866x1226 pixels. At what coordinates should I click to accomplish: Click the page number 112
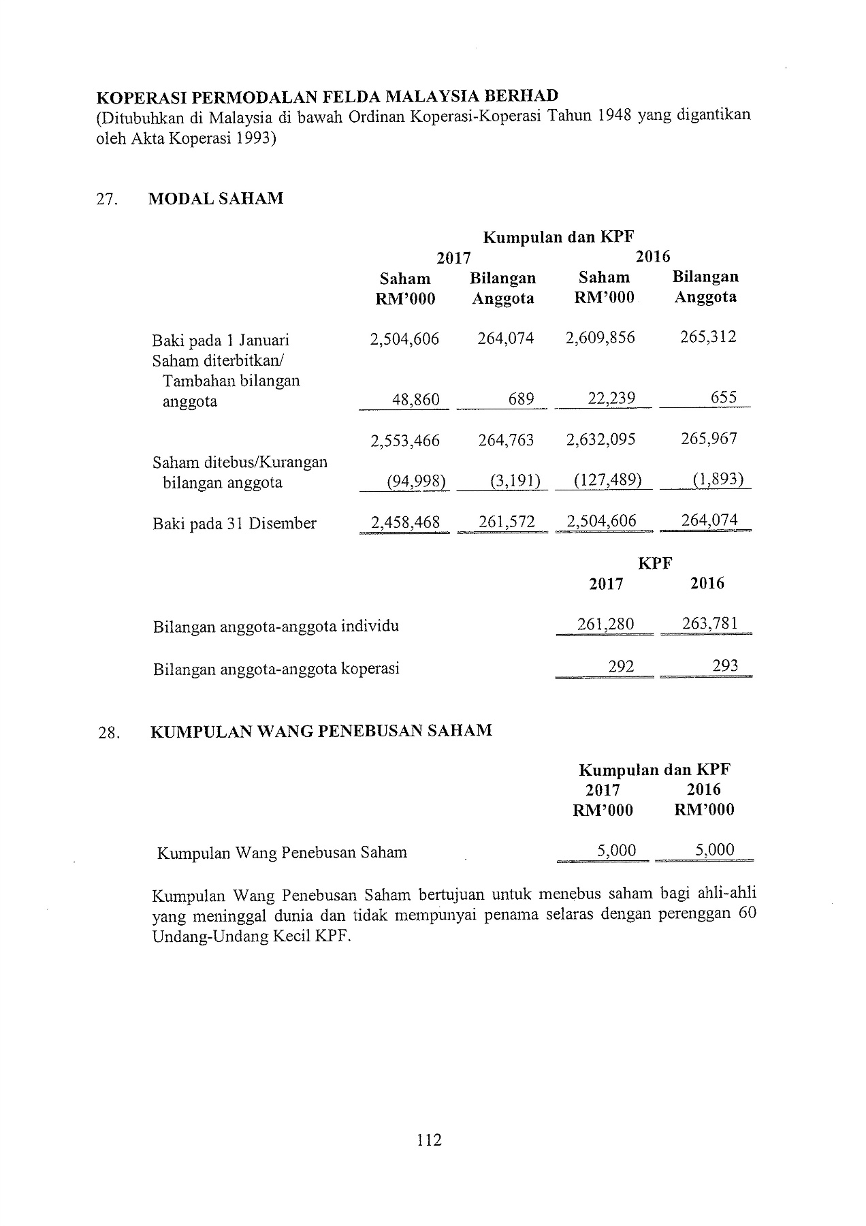point(429,1139)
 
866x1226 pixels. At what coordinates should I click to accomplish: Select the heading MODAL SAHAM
point(215,199)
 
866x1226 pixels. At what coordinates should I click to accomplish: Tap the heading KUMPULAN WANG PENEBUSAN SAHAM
point(321,731)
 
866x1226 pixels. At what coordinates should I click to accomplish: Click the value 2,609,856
point(600,338)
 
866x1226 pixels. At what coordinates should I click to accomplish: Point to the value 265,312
point(708,337)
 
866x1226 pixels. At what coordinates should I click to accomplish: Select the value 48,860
point(416,399)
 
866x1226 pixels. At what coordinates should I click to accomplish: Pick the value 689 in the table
point(521,398)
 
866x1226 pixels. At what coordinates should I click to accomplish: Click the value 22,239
point(611,398)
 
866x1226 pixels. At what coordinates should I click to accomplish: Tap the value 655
point(723,397)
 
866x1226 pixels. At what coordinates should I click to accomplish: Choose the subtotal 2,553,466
point(404,440)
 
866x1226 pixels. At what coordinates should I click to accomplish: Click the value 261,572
point(506,522)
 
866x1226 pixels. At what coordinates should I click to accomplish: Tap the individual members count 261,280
point(605,625)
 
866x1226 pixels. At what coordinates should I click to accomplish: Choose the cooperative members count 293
point(725,665)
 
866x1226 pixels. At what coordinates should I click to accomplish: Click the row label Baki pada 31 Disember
point(234,524)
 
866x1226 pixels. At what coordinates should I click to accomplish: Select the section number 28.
point(109,733)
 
